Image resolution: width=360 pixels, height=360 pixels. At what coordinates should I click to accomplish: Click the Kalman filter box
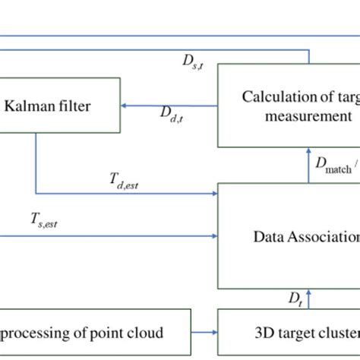[x=59, y=106]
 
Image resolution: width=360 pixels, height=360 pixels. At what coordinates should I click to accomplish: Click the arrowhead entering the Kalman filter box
[x=125, y=106]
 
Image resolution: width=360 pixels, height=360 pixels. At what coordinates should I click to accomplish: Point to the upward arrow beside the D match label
[x=309, y=155]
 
